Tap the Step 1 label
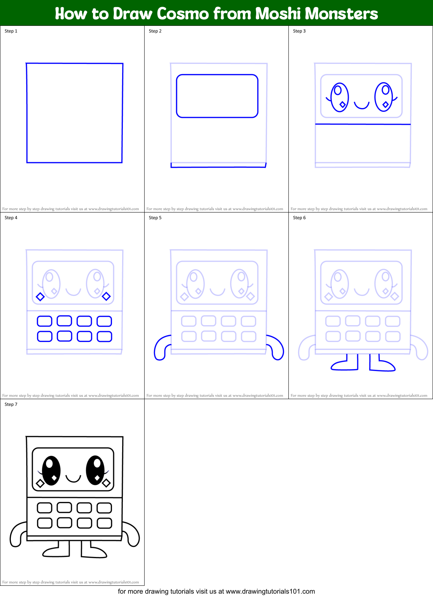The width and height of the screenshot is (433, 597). (11, 31)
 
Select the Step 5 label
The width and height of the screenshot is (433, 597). (155, 218)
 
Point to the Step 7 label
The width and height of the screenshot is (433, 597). (11, 404)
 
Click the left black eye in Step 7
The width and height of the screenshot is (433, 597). (51, 470)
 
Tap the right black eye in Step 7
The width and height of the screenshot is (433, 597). (95, 470)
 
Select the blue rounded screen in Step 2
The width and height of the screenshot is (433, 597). (217, 96)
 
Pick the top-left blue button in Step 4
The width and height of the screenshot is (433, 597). (45, 321)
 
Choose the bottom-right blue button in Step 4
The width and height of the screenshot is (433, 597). (105, 336)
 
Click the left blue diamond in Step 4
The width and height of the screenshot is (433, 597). (40, 297)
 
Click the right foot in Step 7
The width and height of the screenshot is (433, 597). (94, 551)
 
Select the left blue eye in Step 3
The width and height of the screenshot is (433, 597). (339, 97)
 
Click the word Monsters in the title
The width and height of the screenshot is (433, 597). (341, 14)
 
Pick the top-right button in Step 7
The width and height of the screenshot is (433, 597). (105, 508)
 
